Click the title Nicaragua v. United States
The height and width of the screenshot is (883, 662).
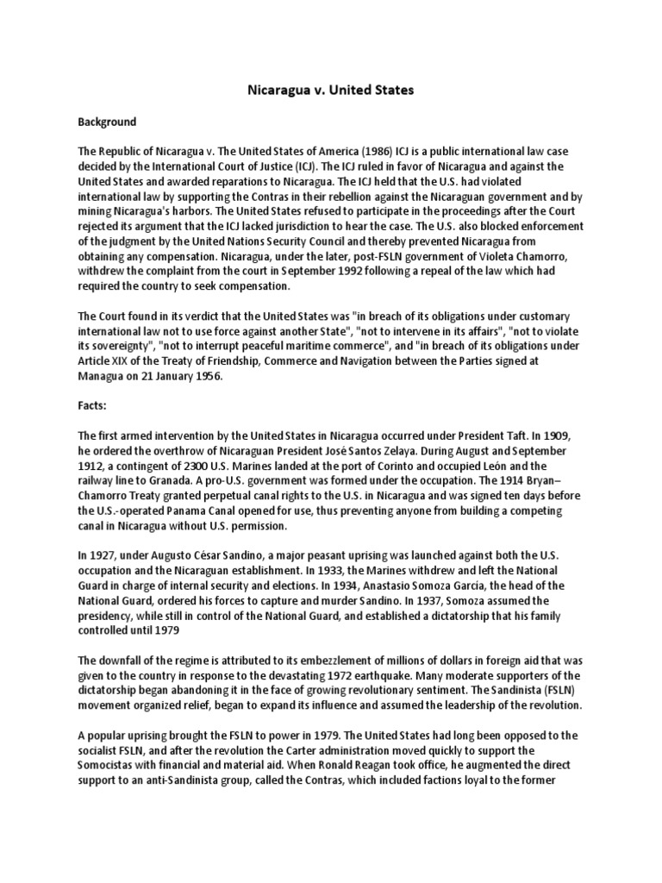pyautogui.click(x=331, y=89)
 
